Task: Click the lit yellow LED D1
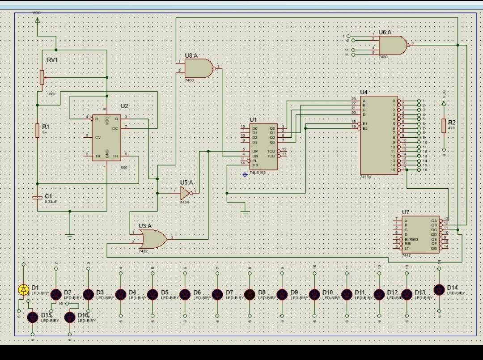tap(24, 289)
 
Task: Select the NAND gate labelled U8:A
tap(199, 68)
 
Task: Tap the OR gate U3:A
tap(152, 239)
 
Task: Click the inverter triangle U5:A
tap(185, 193)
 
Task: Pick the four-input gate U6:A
tap(392, 45)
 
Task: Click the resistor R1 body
tap(38, 131)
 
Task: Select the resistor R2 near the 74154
tap(444, 126)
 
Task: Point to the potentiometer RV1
tap(42, 77)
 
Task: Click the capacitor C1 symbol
tap(38, 197)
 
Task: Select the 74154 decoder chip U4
tap(379, 135)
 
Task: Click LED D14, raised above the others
tap(439, 289)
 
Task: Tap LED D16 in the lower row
tap(70, 317)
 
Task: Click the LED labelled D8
tap(250, 294)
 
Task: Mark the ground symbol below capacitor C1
tap(69, 234)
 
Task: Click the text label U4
tap(364, 92)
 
